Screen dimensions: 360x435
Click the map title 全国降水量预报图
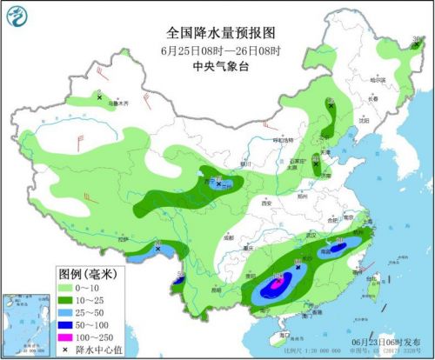click(x=217, y=32)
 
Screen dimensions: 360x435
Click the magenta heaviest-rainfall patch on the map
click(x=276, y=283)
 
